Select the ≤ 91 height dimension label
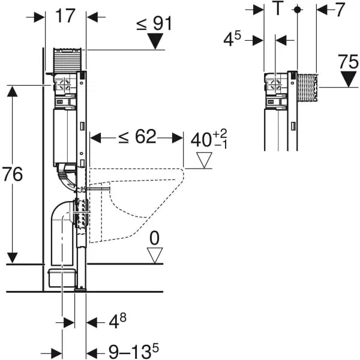click(x=154, y=23)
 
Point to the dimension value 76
click(x=13, y=175)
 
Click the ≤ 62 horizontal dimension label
click(x=137, y=137)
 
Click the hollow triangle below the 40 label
click(x=205, y=160)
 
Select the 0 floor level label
click(x=155, y=238)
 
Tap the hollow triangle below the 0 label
click(x=155, y=256)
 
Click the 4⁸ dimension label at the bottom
click(x=118, y=322)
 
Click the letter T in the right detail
click(x=277, y=10)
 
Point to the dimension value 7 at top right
click(x=340, y=10)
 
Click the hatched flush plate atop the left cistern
click(x=67, y=58)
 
